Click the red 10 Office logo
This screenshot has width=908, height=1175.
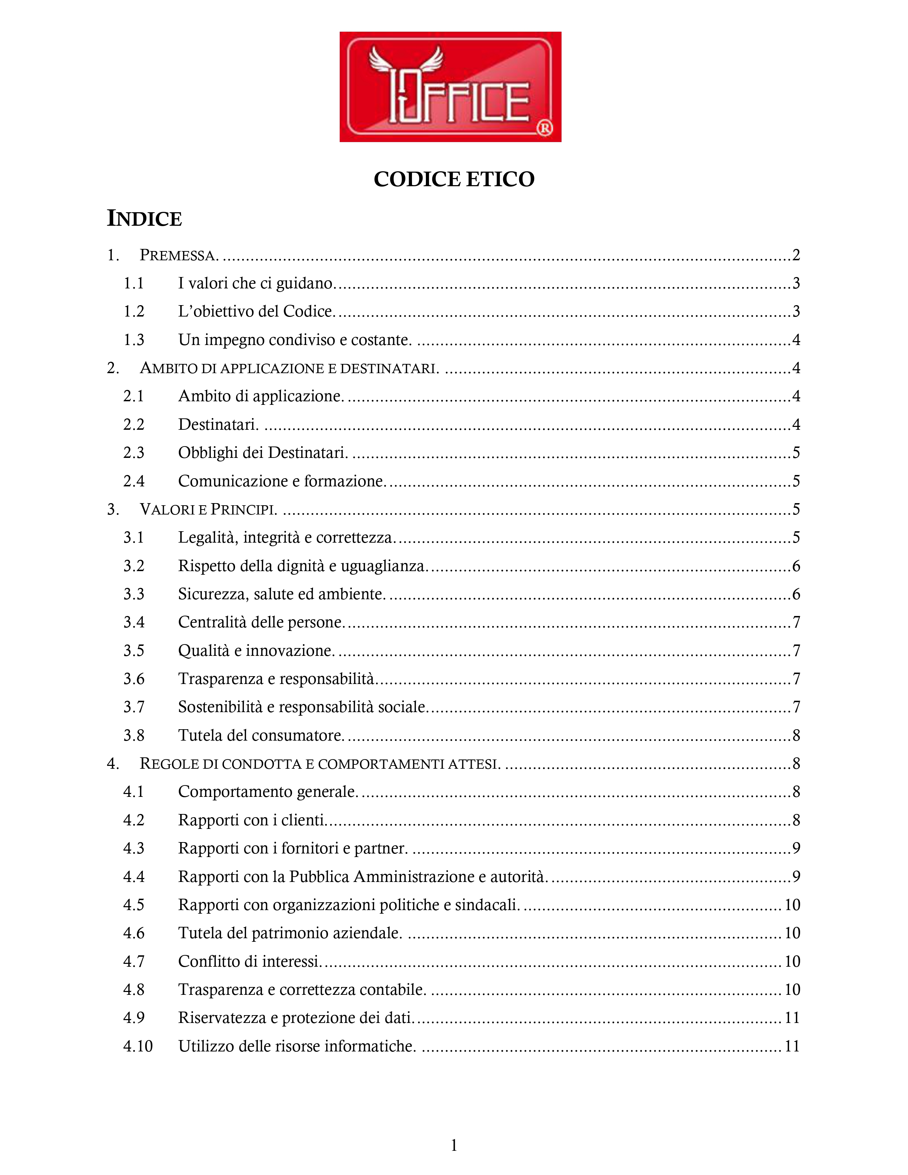coord(450,87)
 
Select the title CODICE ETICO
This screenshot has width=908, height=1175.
coord(454,179)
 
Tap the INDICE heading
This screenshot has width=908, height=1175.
coord(144,218)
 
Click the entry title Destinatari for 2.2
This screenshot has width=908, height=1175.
coord(218,424)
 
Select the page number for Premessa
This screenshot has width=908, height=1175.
coord(795,255)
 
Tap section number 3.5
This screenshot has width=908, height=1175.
coord(134,651)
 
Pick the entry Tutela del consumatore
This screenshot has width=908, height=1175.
coord(261,736)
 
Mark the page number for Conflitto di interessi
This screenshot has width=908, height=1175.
coord(792,961)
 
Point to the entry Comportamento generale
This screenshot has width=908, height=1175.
coord(267,792)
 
